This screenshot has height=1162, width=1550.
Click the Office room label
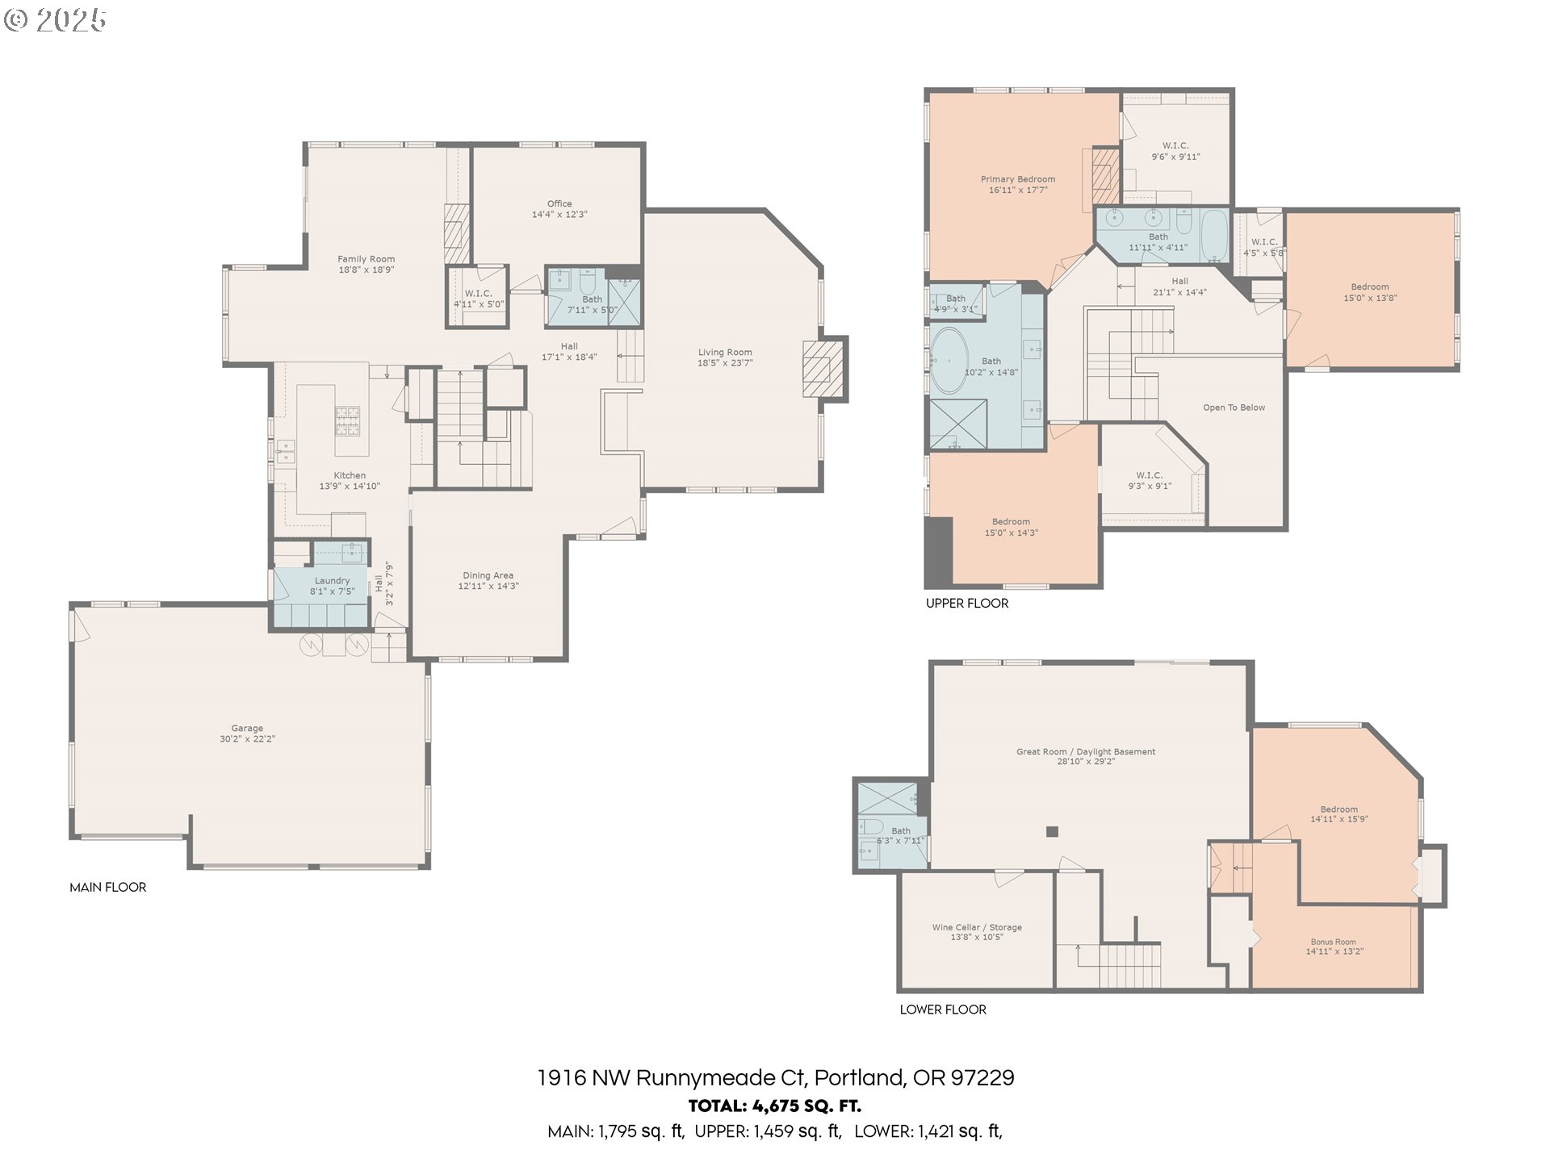click(559, 204)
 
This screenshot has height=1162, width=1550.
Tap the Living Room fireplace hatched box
click(823, 368)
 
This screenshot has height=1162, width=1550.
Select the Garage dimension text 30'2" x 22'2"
click(248, 739)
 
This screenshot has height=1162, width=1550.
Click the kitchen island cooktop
click(348, 420)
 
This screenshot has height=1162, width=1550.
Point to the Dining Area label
click(488, 575)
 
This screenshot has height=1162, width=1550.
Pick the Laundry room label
click(332, 580)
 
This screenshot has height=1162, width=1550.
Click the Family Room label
click(366, 259)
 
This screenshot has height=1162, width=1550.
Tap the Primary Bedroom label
click(1018, 179)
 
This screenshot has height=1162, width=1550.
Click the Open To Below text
click(1234, 408)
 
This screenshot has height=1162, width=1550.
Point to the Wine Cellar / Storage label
click(977, 927)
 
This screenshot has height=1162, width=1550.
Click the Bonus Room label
click(1334, 942)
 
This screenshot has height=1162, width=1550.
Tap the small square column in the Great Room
click(1051, 831)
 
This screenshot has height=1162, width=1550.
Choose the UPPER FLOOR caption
click(967, 603)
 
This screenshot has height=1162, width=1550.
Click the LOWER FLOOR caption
click(943, 1009)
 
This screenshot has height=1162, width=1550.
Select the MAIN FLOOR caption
click(108, 887)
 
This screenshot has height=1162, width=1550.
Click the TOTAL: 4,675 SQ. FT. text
click(775, 1106)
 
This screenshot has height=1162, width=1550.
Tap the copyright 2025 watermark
click(55, 20)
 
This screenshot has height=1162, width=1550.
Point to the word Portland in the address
click(859, 1078)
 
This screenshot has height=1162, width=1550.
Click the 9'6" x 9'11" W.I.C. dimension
click(1175, 157)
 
